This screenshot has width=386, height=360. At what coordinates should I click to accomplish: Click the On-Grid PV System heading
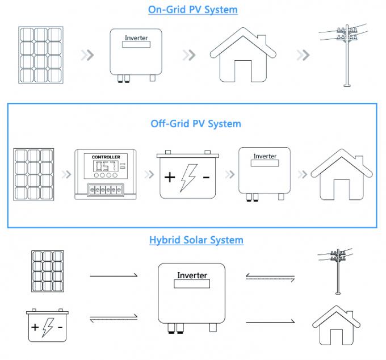(x=193, y=10)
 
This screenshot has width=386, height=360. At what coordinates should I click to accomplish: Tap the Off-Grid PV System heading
(x=196, y=123)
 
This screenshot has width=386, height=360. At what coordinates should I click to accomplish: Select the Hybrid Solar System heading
(x=196, y=240)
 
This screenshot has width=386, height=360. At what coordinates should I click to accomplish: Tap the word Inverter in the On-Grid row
(x=136, y=38)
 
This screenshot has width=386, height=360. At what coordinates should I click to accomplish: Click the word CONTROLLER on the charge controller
(x=106, y=157)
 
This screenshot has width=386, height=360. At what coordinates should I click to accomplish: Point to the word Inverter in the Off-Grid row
(x=265, y=156)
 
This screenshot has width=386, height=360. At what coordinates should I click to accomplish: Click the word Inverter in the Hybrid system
(x=192, y=275)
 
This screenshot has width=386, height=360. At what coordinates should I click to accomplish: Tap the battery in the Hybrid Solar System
(x=47, y=325)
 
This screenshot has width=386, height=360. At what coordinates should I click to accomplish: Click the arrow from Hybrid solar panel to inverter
(x=114, y=276)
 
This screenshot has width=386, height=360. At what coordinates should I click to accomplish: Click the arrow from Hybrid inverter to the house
(x=270, y=322)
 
